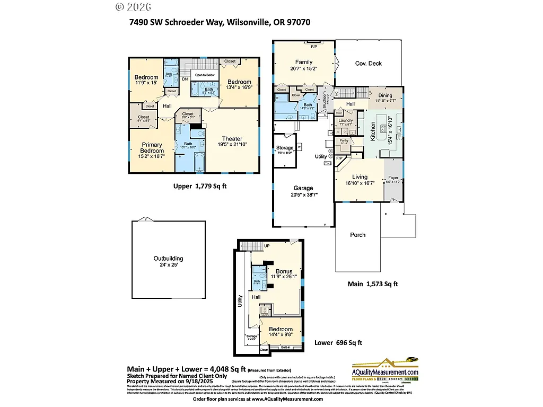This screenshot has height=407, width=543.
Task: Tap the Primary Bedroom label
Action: (x=152, y=148)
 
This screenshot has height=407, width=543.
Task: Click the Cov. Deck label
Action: (x=368, y=64)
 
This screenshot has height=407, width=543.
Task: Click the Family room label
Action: (x=304, y=62)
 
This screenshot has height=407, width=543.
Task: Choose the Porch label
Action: (x=358, y=235)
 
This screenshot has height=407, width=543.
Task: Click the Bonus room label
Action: (x=284, y=271)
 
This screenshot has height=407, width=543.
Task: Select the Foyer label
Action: (x=393, y=178)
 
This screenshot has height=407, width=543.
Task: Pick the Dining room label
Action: (x=385, y=95)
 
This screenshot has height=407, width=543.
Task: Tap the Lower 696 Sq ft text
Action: (x=338, y=343)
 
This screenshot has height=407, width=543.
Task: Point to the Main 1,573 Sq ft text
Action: (x=372, y=284)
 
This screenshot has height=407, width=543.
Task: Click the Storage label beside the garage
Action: (x=285, y=148)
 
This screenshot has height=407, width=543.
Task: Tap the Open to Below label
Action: (x=205, y=75)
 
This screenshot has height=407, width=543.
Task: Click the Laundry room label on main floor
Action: (x=345, y=120)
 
